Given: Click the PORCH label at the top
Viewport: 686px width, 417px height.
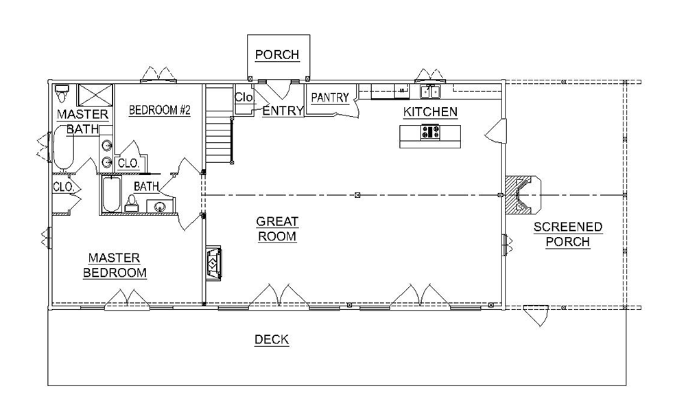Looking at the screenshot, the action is [x=277, y=55].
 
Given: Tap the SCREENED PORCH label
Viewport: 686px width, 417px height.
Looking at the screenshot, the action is [x=568, y=234].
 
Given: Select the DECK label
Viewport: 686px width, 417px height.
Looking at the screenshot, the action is [x=272, y=339].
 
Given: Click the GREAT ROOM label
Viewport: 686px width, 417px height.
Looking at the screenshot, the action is [x=277, y=229].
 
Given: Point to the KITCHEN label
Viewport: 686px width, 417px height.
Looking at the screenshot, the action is [x=430, y=112].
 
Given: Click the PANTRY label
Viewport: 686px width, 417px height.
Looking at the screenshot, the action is [x=330, y=98].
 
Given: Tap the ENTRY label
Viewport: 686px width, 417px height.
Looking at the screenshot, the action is [x=283, y=111].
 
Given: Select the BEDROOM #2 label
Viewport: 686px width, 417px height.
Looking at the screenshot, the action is [x=160, y=110].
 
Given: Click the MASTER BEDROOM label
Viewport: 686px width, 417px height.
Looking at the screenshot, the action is [x=115, y=265].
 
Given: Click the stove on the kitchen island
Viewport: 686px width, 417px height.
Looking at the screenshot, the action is [x=430, y=132].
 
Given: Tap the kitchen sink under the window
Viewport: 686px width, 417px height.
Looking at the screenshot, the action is [x=431, y=92].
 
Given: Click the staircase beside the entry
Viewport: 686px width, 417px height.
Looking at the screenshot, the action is [x=218, y=124].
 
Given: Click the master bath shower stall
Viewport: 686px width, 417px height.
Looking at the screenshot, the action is [x=95, y=95].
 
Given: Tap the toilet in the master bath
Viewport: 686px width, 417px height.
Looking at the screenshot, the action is [x=61, y=93].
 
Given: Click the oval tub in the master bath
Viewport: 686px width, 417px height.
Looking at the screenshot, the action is [x=64, y=148].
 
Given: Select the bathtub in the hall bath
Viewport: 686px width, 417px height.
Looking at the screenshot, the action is [x=111, y=195].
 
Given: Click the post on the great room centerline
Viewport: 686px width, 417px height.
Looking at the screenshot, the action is [x=357, y=195].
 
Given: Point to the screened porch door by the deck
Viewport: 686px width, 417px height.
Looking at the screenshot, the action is [x=536, y=315].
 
